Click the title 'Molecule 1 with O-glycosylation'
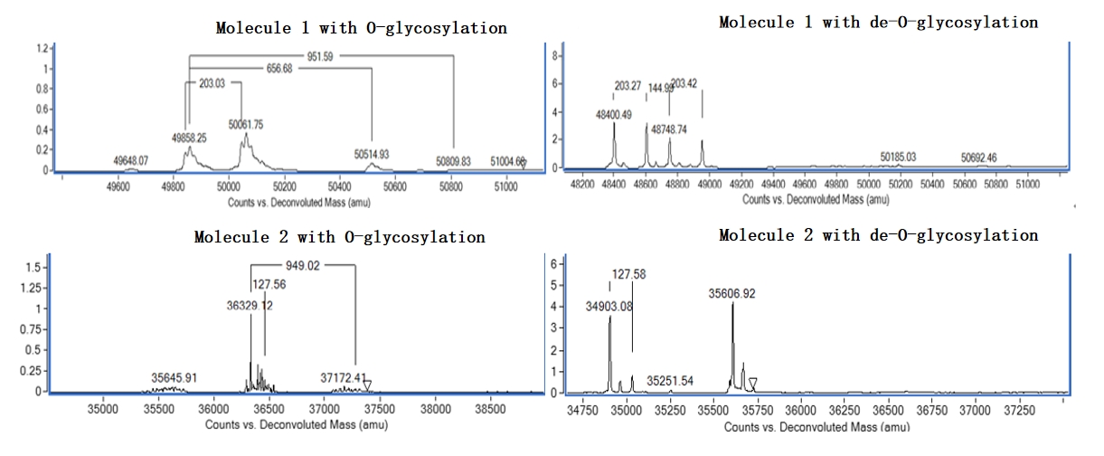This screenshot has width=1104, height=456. [x=361, y=28]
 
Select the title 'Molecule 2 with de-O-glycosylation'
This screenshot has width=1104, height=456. [x=878, y=235]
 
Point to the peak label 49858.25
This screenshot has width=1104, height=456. [x=189, y=138]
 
